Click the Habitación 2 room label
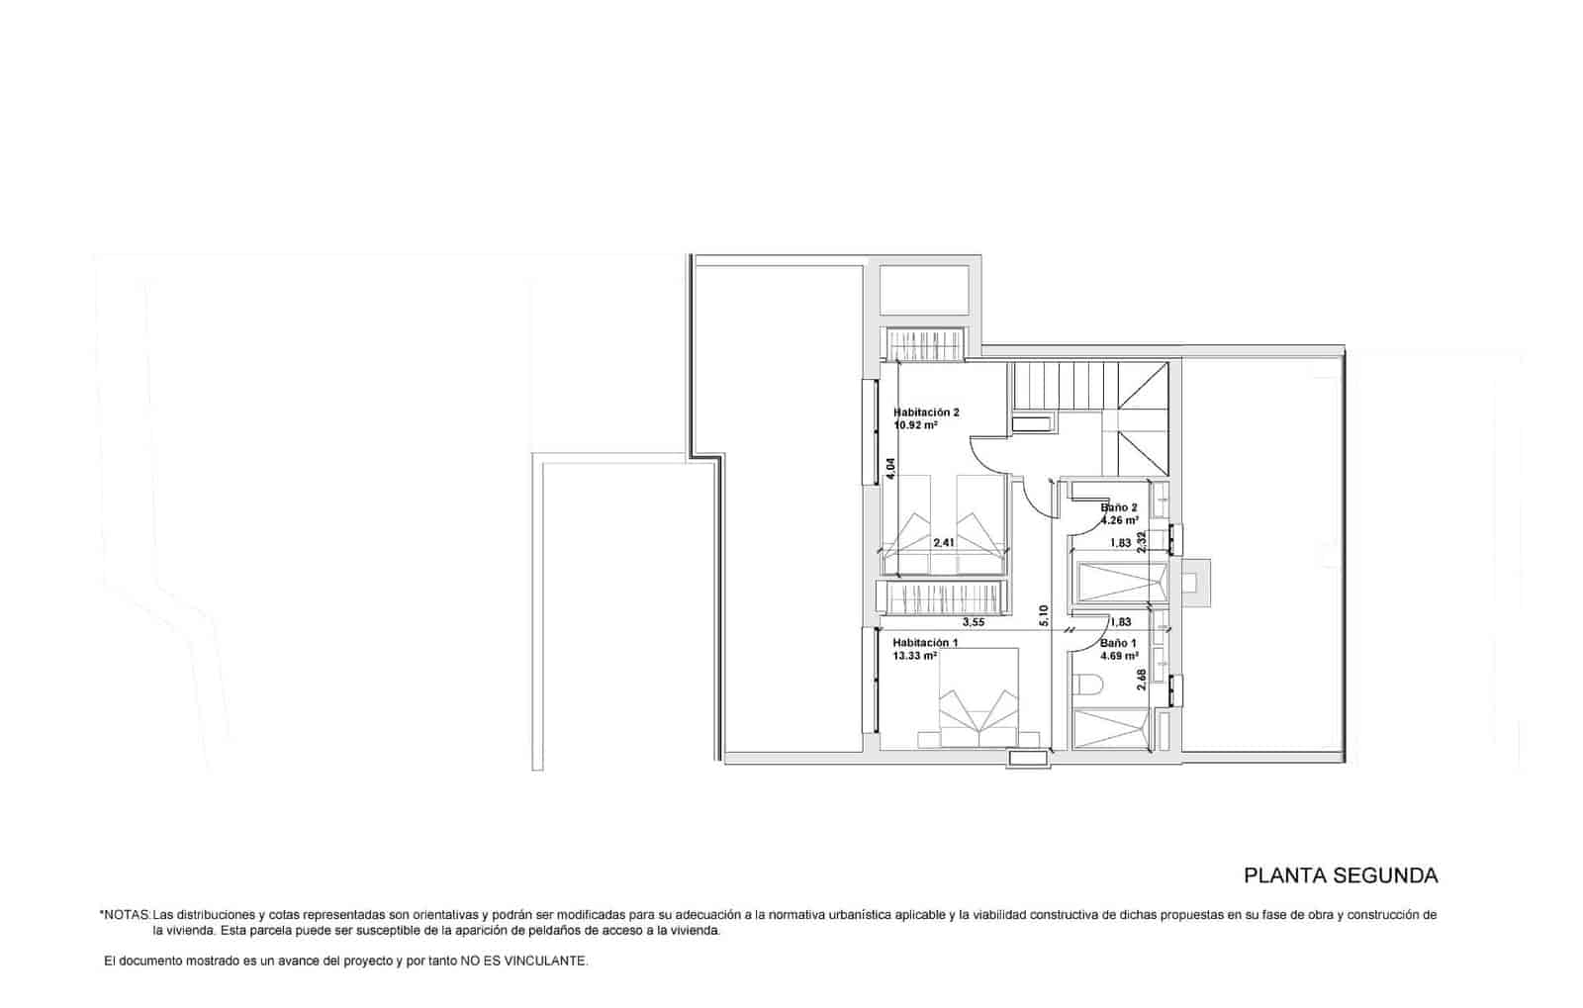(x=926, y=412)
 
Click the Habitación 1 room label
(x=925, y=642)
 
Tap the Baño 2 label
(x=1119, y=507)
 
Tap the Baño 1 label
(x=1118, y=642)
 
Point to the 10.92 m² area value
(x=915, y=425)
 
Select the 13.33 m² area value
(x=915, y=655)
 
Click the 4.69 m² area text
(x=1119, y=655)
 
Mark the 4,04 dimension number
(x=890, y=468)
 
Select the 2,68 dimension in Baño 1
(x=1142, y=680)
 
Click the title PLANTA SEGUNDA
(x=1340, y=875)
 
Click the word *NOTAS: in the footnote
(x=125, y=915)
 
